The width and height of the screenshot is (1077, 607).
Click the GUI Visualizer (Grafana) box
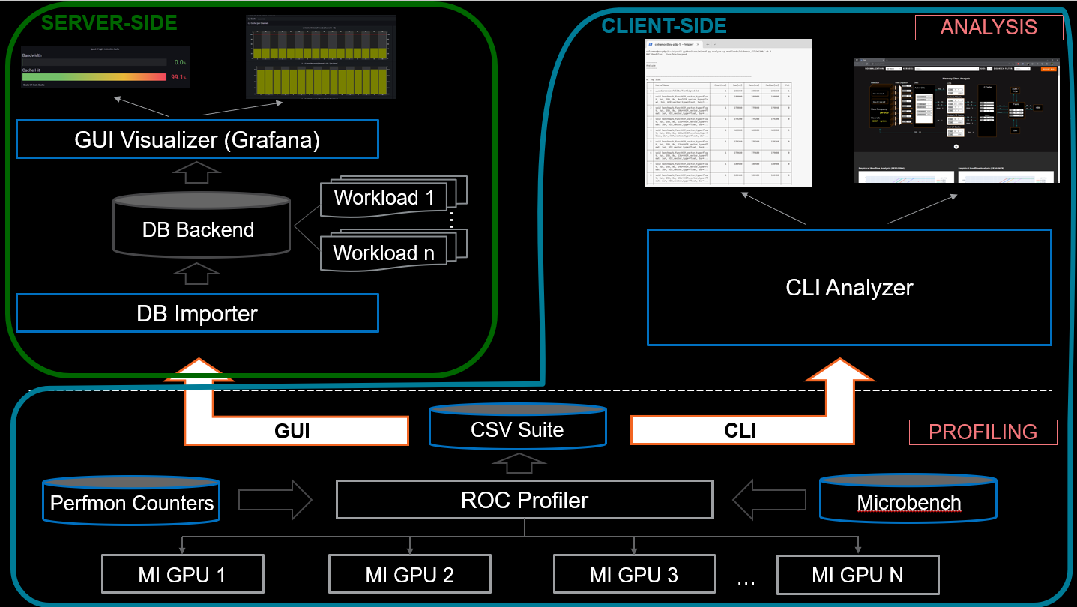pyautogui.click(x=197, y=140)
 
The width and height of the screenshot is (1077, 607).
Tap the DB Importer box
pyautogui.click(x=197, y=313)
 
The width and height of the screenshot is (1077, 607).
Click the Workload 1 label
pyautogui.click(x=384, y=197)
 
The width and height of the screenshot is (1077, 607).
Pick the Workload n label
pyautogui.click(x=384, y=253)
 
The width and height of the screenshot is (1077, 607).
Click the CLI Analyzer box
pyautogui.click(x=848, y=287)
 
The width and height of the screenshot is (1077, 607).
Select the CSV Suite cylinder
pyautogui.click(x=517, y=429)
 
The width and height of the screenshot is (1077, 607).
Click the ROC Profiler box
pyautogui.click(x=524, y=500)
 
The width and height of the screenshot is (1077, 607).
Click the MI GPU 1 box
pyautogui.click(x=182, y=575)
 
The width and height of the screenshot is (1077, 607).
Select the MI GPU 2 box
pyautogui.click(x=409, y=575)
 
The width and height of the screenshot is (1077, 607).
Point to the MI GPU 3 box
pyautogui.click(x=633, y=575)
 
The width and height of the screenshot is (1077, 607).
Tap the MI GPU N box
pyautogui.click(x=857, y=575)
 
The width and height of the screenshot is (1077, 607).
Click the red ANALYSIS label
pyautogui.click(x=989, y=28)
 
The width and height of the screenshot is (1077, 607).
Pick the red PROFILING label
pyautogui.click(x=983, y=432)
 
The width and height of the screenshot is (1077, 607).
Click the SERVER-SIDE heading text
pyautogui.click(x=109, y=22)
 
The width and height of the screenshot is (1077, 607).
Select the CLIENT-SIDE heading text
pyautogui.click(x=664, y=26)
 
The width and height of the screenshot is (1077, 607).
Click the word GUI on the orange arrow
pyautogui.click(x=292, y=431)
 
